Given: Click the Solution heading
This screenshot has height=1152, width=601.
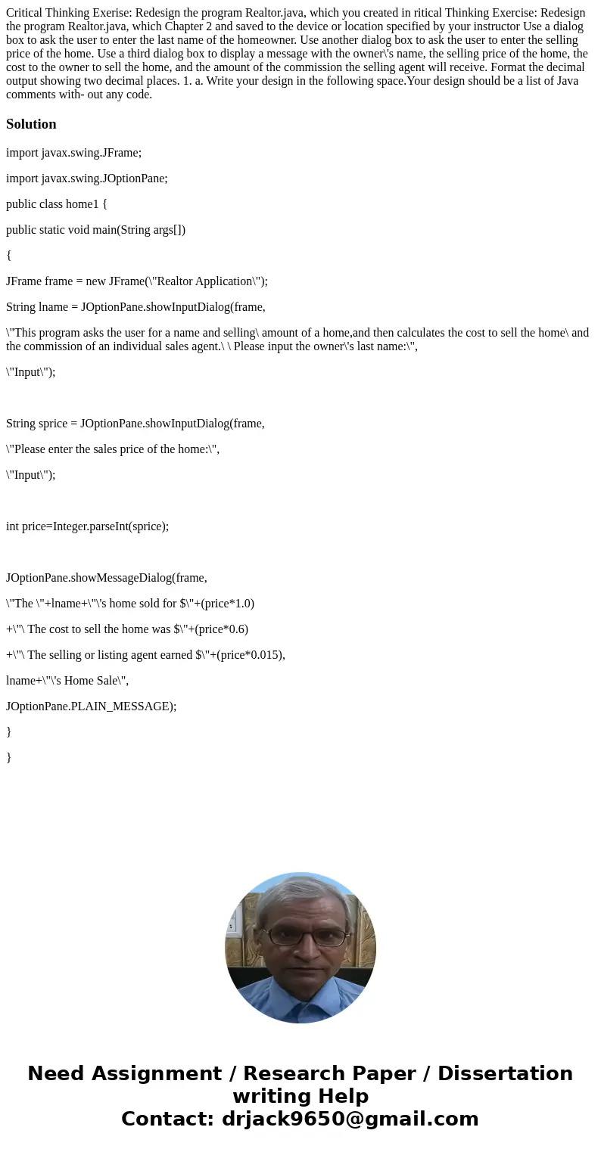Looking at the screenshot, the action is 31,124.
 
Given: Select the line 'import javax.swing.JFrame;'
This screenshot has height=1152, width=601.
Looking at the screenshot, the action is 73,152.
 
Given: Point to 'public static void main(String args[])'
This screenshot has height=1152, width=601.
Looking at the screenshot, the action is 95,229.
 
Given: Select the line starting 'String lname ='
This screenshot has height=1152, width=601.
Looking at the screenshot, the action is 135,306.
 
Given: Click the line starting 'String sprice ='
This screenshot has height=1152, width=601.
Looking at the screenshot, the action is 135,423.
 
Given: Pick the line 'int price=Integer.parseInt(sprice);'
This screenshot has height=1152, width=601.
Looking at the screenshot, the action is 87,526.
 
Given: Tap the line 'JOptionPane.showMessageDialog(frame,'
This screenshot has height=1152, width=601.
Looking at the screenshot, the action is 106,577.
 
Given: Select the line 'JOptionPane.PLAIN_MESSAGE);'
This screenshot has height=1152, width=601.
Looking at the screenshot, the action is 91,706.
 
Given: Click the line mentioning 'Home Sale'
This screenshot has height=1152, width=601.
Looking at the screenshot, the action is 67,680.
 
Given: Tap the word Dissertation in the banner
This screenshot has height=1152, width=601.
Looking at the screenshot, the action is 505,1073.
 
